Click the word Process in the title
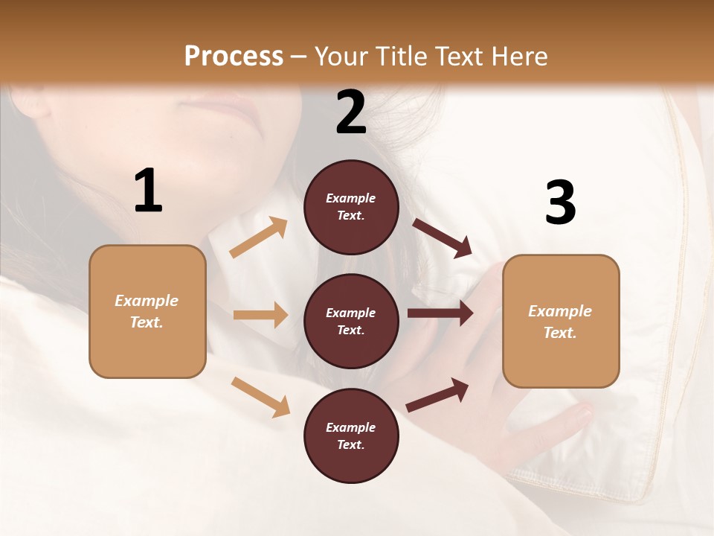(234, 56)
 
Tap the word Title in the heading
(400, 56)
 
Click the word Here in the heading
(520, 56)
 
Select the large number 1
(148, 191)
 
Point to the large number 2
(351, 112)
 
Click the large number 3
(560, 203)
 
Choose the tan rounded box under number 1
(147, 311)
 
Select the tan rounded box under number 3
(561, 321)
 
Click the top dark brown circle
(351, 207)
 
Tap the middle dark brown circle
(351, 321)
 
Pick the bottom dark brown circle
(351, 435)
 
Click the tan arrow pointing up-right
(259, 237)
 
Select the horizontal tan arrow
(260, 315)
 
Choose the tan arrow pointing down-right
(260, 397)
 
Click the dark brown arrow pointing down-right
(442, 237)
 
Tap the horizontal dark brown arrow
(440, 313)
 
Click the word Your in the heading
(341, 56)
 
